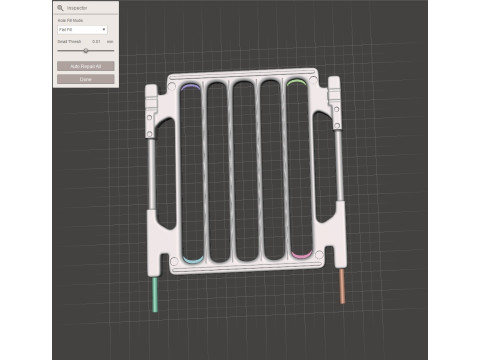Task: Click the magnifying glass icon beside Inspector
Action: tap(60, 7)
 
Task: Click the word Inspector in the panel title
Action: tap(79, 7)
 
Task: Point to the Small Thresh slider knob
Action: tap(86, 50)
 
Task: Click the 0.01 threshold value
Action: tap(96, 41)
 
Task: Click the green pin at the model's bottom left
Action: tap(155, 295)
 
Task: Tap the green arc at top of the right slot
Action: tap(296, 83)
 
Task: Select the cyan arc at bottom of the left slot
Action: tap(192, 261)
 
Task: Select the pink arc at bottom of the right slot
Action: tap(299, 256)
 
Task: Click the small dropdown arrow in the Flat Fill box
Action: tap(104, 29)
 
